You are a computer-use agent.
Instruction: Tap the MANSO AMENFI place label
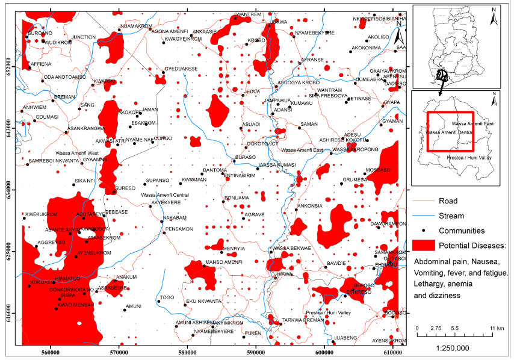point(224,262)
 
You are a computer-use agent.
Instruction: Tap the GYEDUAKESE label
point(181,69)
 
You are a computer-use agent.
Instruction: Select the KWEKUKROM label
point(41,214)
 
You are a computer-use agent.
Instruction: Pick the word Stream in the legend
point(451,216)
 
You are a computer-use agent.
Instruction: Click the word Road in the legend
point(448,201)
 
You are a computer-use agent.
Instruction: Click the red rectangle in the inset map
point(450,131)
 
